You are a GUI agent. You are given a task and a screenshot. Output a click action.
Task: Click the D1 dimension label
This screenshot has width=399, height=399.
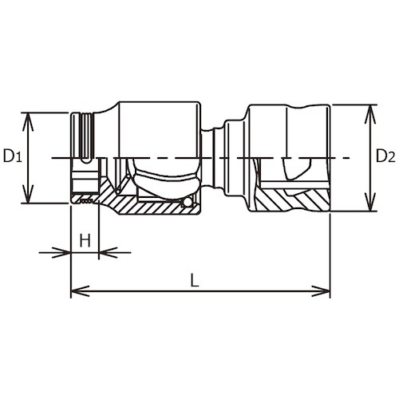[11, 156]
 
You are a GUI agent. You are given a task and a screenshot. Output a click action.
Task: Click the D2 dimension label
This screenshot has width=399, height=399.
[385, 156]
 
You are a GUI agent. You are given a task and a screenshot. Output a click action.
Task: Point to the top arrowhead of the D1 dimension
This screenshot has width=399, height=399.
[29, 117]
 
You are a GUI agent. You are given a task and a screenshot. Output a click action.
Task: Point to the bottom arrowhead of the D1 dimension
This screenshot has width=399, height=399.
[29, 199]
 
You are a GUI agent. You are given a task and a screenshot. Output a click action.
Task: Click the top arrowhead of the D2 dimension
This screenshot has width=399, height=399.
[369, 109]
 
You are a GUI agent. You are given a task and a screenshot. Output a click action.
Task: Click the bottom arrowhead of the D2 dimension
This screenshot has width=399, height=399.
[369, 207]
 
